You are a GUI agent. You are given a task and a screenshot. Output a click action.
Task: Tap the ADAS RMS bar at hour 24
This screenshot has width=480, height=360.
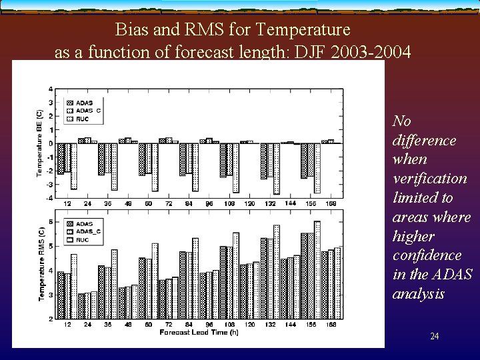coord(81,306)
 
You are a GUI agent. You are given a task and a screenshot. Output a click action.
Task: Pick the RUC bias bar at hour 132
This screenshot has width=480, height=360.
coord(277,169)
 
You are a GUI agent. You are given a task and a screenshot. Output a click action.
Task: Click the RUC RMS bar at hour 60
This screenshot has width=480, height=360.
coord(155,281)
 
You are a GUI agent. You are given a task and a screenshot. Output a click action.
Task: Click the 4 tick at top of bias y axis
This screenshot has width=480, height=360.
coord(51,88)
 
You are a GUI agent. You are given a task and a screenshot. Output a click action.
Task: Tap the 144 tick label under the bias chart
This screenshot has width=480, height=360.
coord(291,203)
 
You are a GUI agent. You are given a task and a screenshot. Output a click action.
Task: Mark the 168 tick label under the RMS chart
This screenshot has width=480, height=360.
coord(331,325)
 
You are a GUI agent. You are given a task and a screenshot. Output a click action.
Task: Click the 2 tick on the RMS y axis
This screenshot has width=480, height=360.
coord(51,319)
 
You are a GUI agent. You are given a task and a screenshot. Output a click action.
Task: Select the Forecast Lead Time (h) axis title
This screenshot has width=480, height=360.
coord(199,332)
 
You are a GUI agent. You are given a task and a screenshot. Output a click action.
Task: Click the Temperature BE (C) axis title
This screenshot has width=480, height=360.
coord(39,143)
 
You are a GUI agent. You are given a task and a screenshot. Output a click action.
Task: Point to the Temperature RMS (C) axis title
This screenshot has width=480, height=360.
coord(41,264)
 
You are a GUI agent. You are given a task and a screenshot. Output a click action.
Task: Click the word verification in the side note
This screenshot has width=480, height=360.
coord(430,178)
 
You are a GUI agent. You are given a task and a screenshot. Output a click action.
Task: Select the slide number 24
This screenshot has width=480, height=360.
coord(435,337)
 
